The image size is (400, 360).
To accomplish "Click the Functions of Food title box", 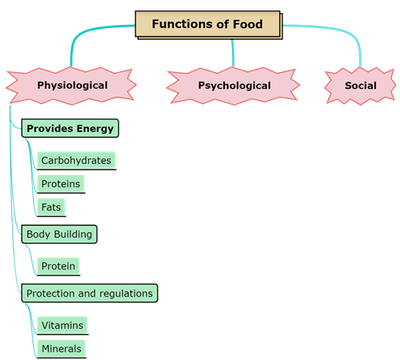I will [x=208, y=24].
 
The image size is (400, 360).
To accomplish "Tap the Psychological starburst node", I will [x=234, y=86].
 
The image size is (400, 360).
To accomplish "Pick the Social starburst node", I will [x=360, y=86].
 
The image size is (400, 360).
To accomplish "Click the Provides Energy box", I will [x=70, y=128].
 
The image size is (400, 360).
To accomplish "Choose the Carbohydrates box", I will [x=76, y=160].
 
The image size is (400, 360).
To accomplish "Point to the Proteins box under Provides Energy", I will [x=60, y=183].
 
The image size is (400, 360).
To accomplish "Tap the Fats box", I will [x=50, y=206].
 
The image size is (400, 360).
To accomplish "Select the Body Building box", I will [x=59, y=234].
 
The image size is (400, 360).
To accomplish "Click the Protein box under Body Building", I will [x=58, y=266].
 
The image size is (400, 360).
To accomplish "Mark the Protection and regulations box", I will [x=89, y=294].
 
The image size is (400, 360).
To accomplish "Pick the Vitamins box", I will [x=62, y=325].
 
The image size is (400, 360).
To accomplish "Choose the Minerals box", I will [x=61, y=348].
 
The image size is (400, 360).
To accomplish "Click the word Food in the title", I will [x=249, y=24].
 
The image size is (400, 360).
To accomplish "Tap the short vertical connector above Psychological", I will [x=233, y=53].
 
